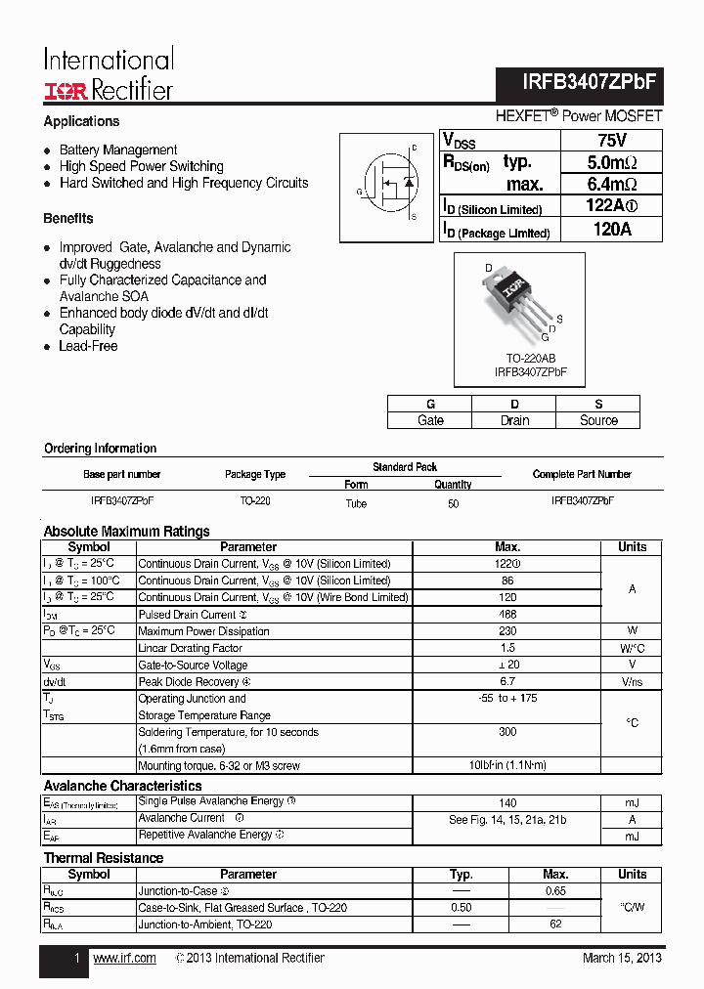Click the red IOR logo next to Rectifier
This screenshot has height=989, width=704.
coord(66,91)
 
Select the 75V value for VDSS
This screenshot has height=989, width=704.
coord(612,140)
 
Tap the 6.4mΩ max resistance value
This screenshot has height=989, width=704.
coord(612,185)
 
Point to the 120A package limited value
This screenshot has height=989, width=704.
coord(612,230)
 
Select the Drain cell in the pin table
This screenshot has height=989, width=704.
coord(514,420)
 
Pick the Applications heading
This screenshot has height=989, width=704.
coord(81,121)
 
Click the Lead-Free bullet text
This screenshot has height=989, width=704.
coord(88,346)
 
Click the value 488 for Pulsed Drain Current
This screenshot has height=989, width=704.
coord(507,615)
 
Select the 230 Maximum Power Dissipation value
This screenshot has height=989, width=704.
coord(507,631)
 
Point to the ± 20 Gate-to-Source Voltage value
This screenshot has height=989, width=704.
coord(507,665)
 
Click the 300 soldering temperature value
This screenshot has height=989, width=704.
coord(507,732)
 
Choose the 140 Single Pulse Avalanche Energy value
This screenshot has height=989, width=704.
coord(506,801)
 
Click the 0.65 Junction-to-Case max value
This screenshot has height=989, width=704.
coord(555,891)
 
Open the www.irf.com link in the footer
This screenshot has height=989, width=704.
coord(124,958)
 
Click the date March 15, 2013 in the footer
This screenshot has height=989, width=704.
coord(622,958)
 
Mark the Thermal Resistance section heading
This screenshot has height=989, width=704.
coord(104,858)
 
